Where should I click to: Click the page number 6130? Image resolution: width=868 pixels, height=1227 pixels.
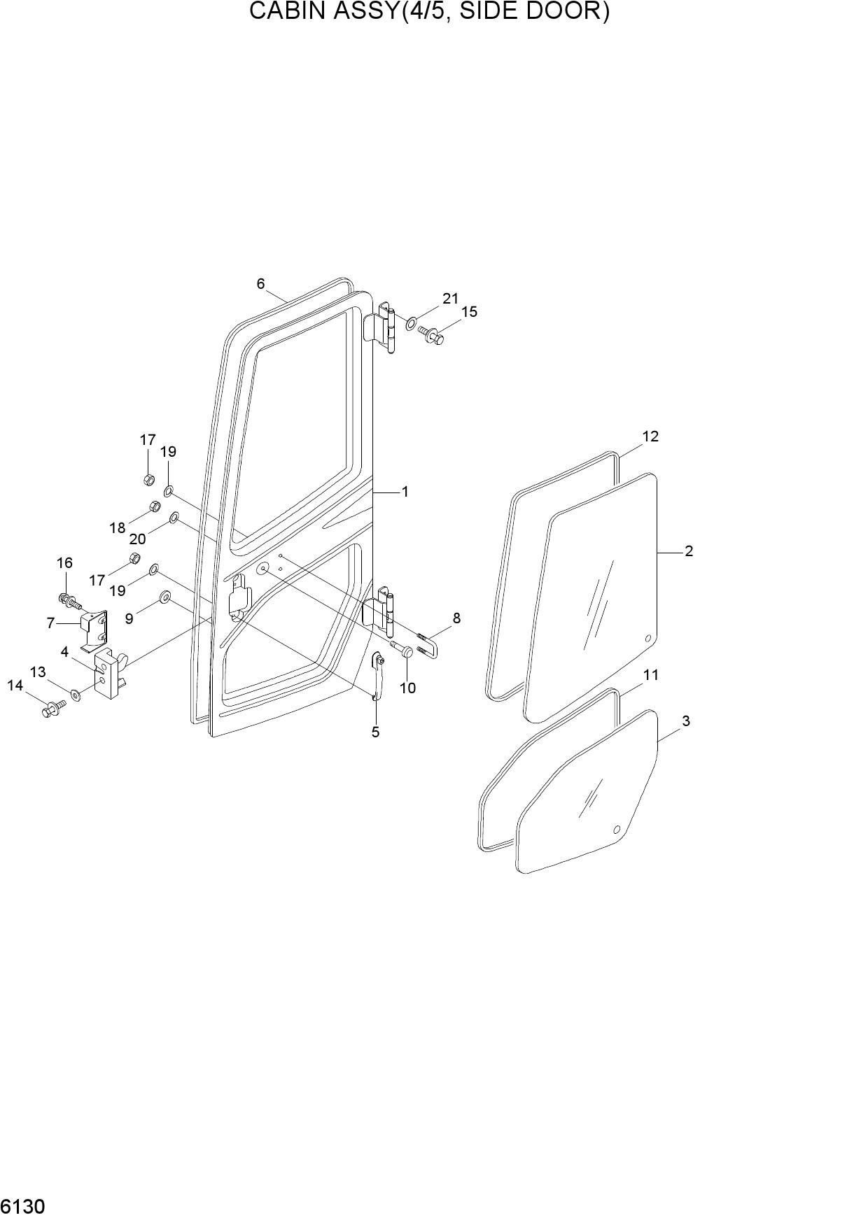click(x=23, y=1208)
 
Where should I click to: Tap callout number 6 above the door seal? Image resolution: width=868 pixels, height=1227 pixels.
click(x=260, y=283)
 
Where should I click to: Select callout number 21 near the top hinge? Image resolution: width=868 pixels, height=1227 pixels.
click(x=449, y=299)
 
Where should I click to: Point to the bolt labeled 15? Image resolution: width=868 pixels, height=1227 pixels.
click(x=433, y=336)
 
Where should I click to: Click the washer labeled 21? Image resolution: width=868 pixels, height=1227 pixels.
click(x=410, y=324)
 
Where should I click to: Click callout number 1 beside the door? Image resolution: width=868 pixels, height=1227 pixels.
click(x=405, y=492)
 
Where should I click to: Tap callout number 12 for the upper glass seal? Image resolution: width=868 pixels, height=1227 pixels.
click(x=650, y=437)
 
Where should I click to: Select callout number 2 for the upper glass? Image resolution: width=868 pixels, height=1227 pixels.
click(x=689, y=551)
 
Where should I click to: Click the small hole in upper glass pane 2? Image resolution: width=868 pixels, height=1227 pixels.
click(x=647, y=638)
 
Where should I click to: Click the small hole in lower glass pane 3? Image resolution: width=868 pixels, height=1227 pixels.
click(x=617, y=830)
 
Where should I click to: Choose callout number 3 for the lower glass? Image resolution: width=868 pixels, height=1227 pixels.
click(x=686, y=721)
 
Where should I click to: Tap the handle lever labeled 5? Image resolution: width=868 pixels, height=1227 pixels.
click(x=377, y=676)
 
